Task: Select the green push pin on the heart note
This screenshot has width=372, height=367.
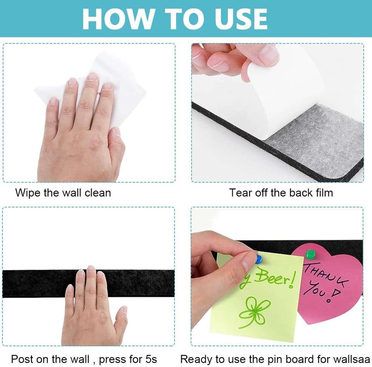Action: [x=310, y=254]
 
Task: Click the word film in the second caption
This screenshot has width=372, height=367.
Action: [x=321, y=193]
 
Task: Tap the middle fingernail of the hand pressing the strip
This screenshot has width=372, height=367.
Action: [x=91, y=270]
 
